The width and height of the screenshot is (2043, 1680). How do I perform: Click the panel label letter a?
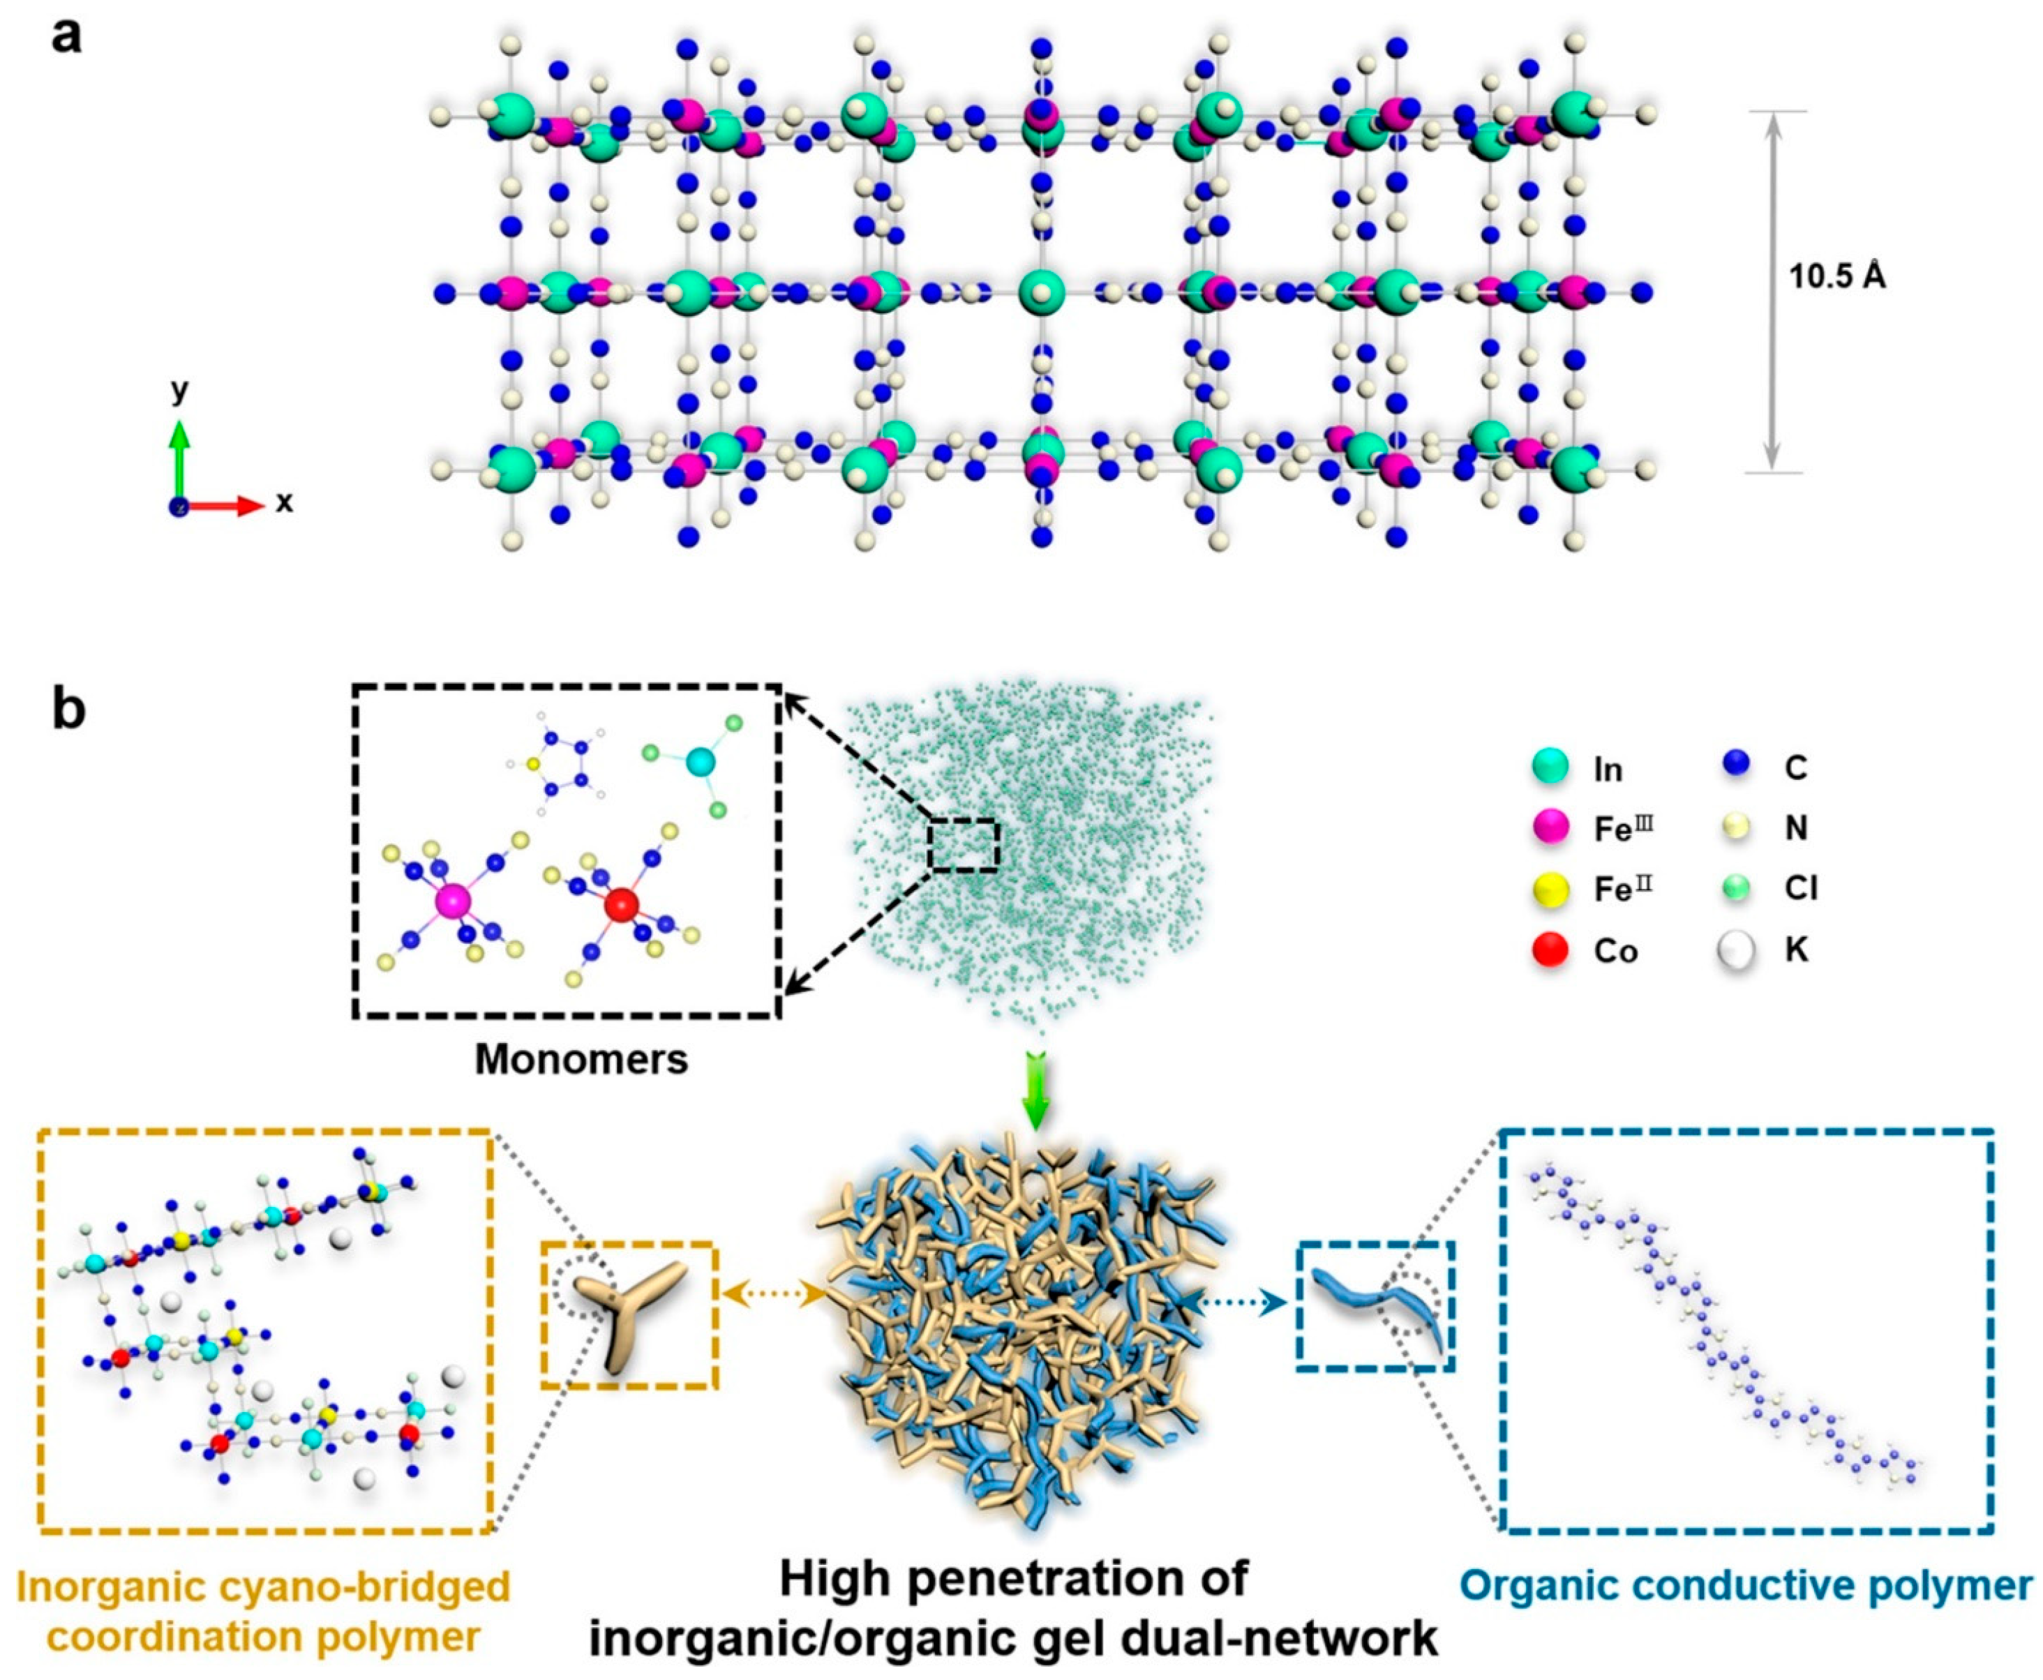coord(66,38)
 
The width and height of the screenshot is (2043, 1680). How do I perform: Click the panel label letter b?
coord(68,710)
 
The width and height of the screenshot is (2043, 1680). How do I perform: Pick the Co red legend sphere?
coord(1550,952)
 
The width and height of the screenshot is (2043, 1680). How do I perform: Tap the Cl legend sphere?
coord(1737,888)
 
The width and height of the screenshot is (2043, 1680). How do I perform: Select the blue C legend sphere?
coord(1737,767)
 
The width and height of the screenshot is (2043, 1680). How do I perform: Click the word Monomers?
coord(581,1060)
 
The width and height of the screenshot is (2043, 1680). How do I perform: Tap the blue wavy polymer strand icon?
coord(1378,1307)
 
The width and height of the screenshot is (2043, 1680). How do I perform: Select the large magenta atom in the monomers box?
coord(452,900)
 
